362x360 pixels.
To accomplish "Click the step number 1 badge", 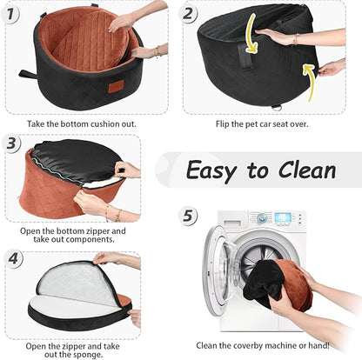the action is tap(10, 14).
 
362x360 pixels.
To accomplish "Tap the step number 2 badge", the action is tap(188, 13).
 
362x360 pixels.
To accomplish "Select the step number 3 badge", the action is tap(11, 143).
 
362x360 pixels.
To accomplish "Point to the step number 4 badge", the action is tap(13, 258).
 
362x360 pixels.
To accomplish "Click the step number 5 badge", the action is tap(188, 216).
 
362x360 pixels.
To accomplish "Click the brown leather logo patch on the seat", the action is tap(116, 87).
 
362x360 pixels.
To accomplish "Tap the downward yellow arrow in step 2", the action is tap(251, 34).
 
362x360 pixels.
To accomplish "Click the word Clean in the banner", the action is tap(307, 170).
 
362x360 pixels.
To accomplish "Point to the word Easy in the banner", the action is tap(211, 171).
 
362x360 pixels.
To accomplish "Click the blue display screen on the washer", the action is tap(283, 217).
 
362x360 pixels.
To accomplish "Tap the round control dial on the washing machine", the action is tap(262, 217).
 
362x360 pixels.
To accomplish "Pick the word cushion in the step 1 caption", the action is tap(105, 124).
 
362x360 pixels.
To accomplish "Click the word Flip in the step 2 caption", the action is tap(222, 124).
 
